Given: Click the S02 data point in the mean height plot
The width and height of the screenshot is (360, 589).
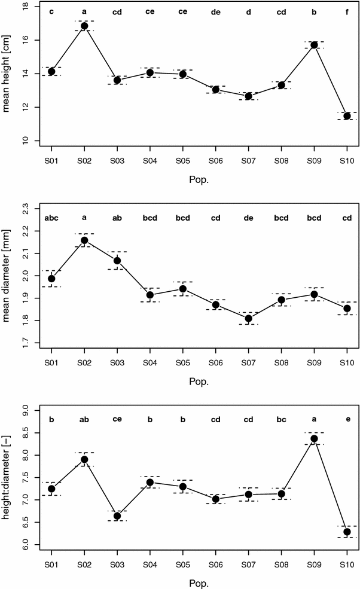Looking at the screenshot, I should tap(84, 26).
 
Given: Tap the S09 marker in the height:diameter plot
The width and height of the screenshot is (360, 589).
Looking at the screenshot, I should tap(314, 438).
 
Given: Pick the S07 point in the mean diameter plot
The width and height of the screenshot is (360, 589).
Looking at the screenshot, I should tap(248, 318).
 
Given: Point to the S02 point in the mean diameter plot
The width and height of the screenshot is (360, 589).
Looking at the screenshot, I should tap(84, 240).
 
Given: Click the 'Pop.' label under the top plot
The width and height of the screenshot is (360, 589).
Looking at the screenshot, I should tap(199, 179).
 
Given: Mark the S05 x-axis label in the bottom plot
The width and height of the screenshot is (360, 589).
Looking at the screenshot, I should tap(183, 564).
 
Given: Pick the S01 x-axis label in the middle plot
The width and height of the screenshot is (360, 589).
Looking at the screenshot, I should tap(51, 362).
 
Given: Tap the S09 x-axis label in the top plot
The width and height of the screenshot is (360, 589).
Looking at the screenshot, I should tap(314, 160).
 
